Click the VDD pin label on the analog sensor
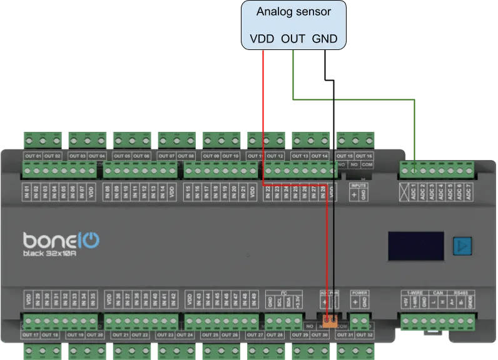[x=262, y=39]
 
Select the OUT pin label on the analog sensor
[x=293, y=39]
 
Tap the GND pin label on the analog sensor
[x=325, y=39]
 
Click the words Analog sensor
[x=293, y=12]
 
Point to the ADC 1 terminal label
[x=414, y=191]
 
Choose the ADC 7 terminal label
[x=468, y=191]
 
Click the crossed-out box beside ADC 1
[x=404, y=189]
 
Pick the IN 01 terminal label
[x=28, y=191]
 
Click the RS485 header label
[x=478, y=292]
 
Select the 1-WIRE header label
[x=414, y=292]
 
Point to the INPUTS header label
[x=358, y=186]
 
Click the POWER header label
[x=359, y=292]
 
